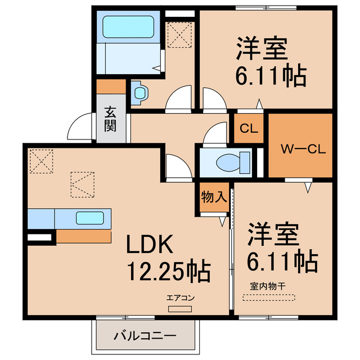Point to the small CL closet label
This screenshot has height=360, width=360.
point(248,128)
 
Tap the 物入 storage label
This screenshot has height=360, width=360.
point(214,197)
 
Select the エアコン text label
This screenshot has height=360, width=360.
point(180,298)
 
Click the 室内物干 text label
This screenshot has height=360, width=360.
point(268,286)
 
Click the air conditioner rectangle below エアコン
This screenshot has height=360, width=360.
point(180,308)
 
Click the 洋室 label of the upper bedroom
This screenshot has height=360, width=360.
point(262,49)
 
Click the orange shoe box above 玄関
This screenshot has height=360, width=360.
point(110,87)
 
